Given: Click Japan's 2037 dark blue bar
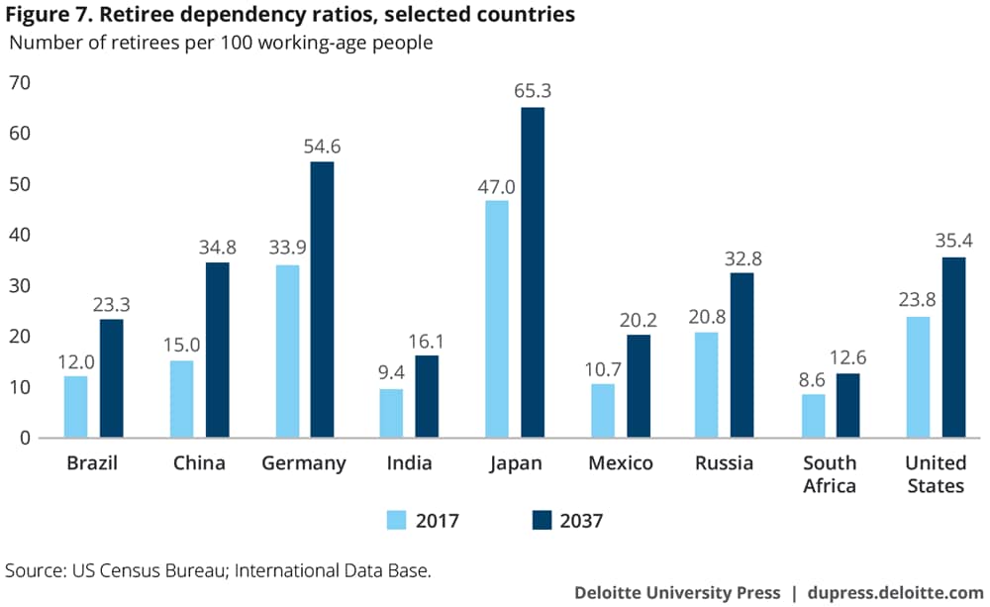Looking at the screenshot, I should coord(533,272).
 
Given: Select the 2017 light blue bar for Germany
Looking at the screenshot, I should coord(287,352).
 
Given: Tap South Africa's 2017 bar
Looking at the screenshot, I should coord(812,416).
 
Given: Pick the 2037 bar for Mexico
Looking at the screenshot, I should coord(639,386).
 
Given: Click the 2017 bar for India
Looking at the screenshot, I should coord(392,414).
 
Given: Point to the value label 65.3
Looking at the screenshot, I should coord(533,91).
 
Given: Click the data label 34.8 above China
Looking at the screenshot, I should coord(218,247).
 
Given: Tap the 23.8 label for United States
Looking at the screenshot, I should coord(918,300).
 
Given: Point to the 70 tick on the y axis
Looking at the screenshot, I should coord(20,83).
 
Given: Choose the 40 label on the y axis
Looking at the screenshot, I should coord(20,236).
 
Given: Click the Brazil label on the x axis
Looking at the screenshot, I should coord(92,463).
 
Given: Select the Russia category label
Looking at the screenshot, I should coord(724,463).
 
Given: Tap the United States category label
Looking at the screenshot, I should coord(936,474).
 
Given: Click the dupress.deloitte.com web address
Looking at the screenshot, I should coord(890,592).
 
